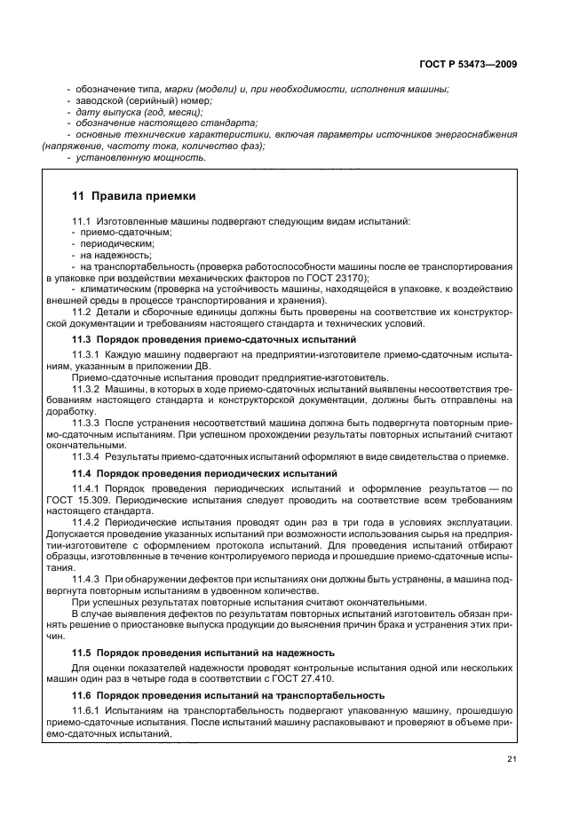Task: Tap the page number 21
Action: pyautogui.click(x=512, y=757)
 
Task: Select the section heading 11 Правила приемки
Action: pyautogui.click(x=133, y=195)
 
